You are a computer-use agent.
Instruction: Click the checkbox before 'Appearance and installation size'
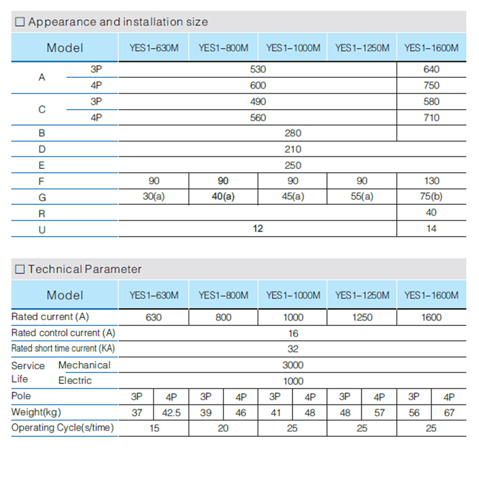click(x=20, y=22)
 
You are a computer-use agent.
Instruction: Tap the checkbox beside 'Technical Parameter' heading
click(x=20, y=269)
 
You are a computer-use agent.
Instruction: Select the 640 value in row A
click(x=431, y=70)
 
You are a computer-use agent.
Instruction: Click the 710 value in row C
click(x=431, y=117)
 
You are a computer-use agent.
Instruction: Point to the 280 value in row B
click(x=293, y=133)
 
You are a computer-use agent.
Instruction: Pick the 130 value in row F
click(x=431, y=181)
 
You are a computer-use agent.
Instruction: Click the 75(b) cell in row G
click(x=431, y=197)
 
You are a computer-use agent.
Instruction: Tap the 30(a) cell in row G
click(x=153, y=197)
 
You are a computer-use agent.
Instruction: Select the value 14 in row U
click(x=431, y=228)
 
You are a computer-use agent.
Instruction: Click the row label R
click(x=42, y=213)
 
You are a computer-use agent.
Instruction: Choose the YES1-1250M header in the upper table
click(x=362, y=48)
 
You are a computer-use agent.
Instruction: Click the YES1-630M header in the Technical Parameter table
click(x=153, y=295)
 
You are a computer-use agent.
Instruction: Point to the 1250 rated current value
click(x=362, y=317)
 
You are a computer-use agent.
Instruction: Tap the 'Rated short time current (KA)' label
click(x=63, y=348)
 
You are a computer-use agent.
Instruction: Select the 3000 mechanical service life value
click(x=293, y=365)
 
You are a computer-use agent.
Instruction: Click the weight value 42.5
click(x=171, y=413)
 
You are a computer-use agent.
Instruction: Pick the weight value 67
click(x=449, y=413)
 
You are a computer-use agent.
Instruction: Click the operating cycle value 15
click(x=155, y=429)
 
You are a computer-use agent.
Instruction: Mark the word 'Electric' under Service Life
click(x=75, y=381)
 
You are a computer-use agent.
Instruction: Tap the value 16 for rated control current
click(x=293, y=333)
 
